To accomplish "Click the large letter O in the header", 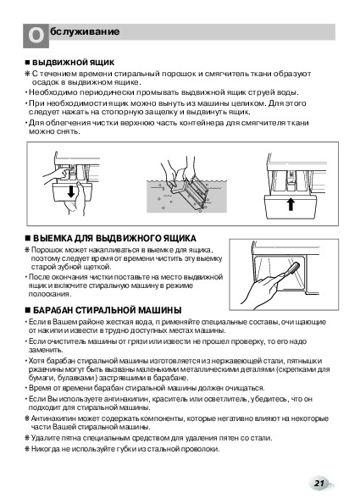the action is (x=36, y=36).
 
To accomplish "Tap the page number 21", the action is (x=319, y=483).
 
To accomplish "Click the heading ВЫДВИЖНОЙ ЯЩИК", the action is (x=73, y=62).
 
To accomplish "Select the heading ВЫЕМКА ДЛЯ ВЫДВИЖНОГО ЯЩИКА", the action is (x=114, y=238).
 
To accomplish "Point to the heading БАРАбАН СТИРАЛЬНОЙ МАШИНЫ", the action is (x=107, y=310).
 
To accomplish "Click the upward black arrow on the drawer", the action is (x=291, y=204).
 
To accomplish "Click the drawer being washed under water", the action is (x=191, y=193).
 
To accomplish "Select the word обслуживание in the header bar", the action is (x=85, y=31).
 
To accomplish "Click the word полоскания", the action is (x=50, y=294).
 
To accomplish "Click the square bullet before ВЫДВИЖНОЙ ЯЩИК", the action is (x=27, y=63).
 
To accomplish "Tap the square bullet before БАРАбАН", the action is (x=27, y=311).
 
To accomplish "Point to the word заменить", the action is (x=46, y=350).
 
